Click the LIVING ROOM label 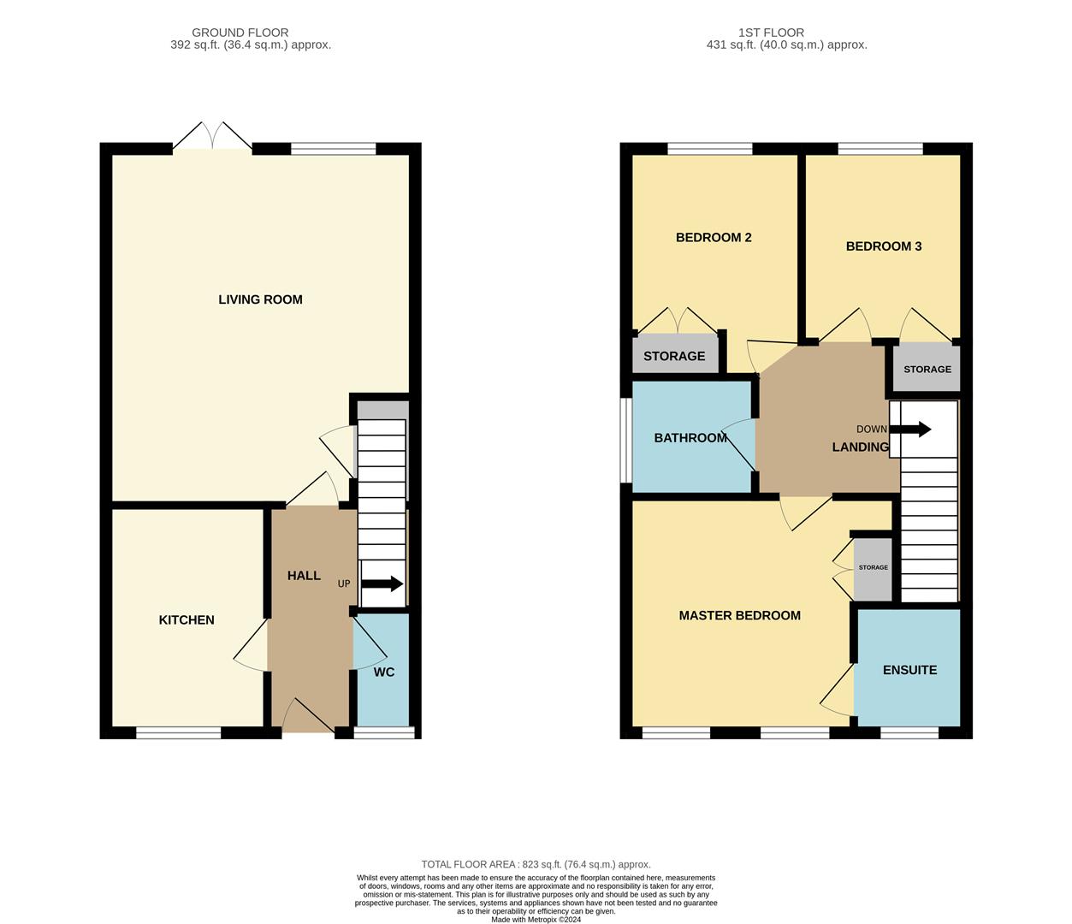[x=260, y=299]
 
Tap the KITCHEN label [x=187, y=620]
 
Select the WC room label [x=384, y=672]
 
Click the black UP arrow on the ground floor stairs [x=382, y=584]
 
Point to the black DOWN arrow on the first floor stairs [x=911, y=429]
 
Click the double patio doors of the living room [x=212, y=137]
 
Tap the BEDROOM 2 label [x=714, y=238]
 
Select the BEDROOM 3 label [x=884, y=246]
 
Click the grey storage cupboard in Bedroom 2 [x=674, y=355]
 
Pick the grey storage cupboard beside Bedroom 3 [x=927, y=369]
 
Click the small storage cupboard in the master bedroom [x=874, y=568]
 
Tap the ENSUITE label [x=909, y=670]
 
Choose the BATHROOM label [x=690, y=438]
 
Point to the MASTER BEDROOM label [x=740, y=615]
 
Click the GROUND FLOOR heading [x=240, y=33]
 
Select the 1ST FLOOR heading [x=771, y=33]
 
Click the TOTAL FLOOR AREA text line [x=536, y=864]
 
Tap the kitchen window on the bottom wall [x=178, y=732]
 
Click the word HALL [x=304, y=576]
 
